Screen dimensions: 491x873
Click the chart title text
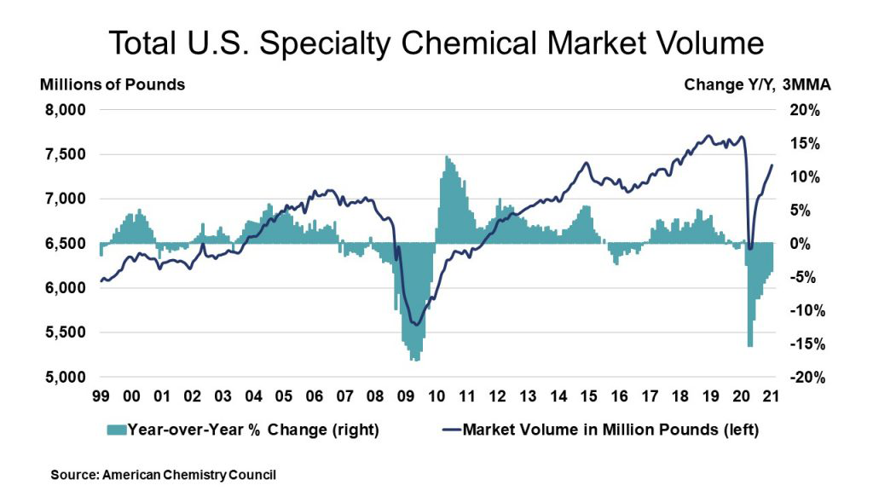click(436, 42)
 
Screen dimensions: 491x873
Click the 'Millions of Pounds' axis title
click(112, 84)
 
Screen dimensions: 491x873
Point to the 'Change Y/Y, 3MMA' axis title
click(758, 84)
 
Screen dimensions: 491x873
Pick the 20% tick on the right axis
click(803, 110)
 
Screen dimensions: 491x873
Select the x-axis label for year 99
click(101, 396)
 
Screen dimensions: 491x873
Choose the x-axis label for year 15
click(587, 396)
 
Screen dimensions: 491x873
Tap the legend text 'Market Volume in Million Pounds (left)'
click(610, 429)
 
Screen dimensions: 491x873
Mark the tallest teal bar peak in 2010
click(446, 157)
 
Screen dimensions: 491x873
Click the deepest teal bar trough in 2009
click(414, 360)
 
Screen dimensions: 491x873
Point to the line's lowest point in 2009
click(415, 324)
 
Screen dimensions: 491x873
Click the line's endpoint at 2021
click(772, 165)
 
